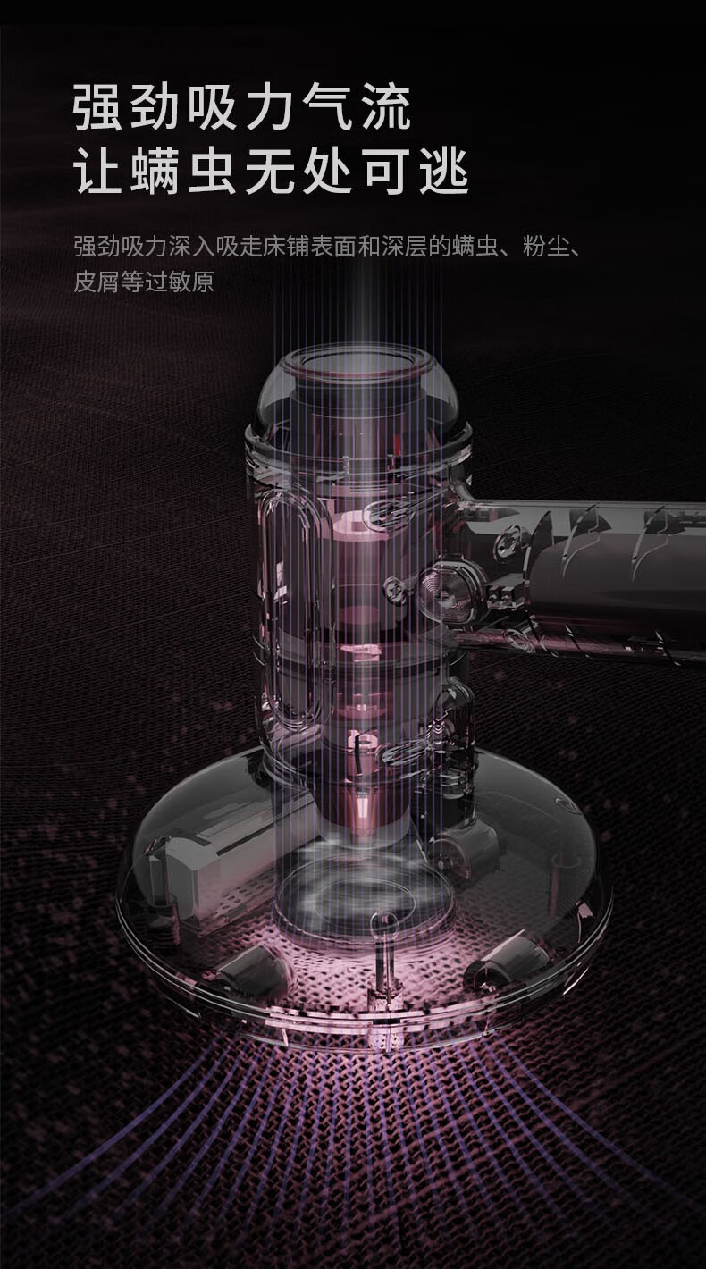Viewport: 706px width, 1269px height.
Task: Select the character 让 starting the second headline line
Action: click(x=98, y=171)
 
